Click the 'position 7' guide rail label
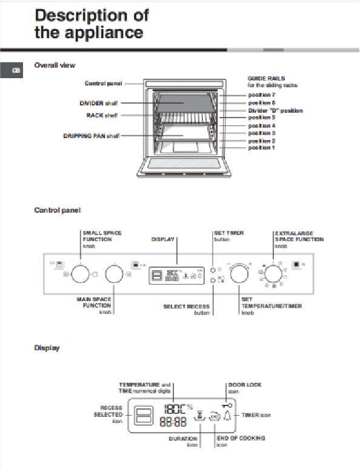(x=261, y=95)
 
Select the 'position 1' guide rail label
(x=261, y=147)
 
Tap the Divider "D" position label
(x=275, y=110)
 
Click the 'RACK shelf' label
(x=102, y=115)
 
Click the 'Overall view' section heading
(x=55, y=65)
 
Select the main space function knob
(x=114, y=274)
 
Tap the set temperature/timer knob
(x=240, y=274)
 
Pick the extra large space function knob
(x=273, y=273)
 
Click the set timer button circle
(x=213, y=269)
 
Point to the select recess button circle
(x=213, y=281)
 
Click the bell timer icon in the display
(x=227, y=415)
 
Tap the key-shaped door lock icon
(x=226, y=404)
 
